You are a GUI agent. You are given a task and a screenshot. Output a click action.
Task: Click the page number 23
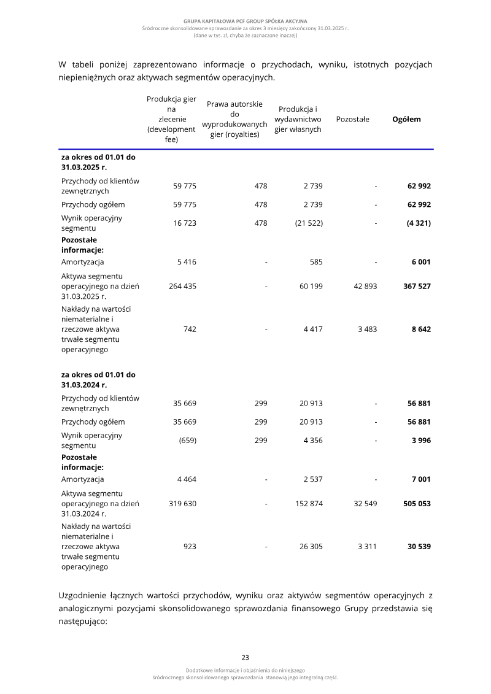(245, 657)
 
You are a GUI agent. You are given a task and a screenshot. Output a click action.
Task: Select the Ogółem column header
(406, 119)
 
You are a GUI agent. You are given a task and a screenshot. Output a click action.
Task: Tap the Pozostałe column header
(352, 119)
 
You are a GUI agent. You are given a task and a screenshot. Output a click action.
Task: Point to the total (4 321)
(418, 223)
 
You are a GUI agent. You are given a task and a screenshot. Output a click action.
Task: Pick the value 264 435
(182, 286)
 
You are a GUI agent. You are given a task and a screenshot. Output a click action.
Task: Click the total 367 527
(416, 286)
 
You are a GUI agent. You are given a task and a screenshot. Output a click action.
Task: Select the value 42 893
(365, 286)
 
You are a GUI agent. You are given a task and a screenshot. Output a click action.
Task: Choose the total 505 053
(416, 503)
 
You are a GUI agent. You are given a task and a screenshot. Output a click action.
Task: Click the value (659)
(187, 441)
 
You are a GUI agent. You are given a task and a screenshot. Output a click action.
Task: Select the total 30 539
(419, 546)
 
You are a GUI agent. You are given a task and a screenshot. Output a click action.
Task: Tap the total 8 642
(420, 329)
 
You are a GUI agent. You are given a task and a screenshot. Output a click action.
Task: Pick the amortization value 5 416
(187, 262)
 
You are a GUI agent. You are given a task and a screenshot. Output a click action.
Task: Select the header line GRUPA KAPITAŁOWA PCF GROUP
(245, 21)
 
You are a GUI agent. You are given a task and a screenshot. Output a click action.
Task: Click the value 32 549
(365, 503)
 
